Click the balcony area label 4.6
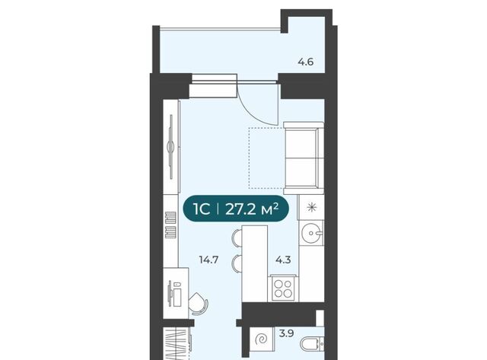(x=306, y=62)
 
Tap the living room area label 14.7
(x=208, y=260)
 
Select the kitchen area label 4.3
(x=283, y=260)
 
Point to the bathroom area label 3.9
(x=286, y=334)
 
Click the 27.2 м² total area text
(x=252, y=209)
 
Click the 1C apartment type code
(x=202, y=209)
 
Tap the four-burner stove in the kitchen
(x=283, y=289)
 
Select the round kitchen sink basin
(x=312, y=233)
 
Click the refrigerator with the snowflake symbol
(x=311, y=207)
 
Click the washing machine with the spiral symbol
(x=262, y=340)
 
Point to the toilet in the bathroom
(x=313, y=344)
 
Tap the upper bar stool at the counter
(x=237, y=237)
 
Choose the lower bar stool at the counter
(x=237, y=263)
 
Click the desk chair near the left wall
(x=198, y=304)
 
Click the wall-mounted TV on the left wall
(x=171, y=147)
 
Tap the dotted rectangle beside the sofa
(x=266, y=158)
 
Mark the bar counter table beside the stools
(x=254, y=263)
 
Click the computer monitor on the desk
(x=170, y=294)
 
